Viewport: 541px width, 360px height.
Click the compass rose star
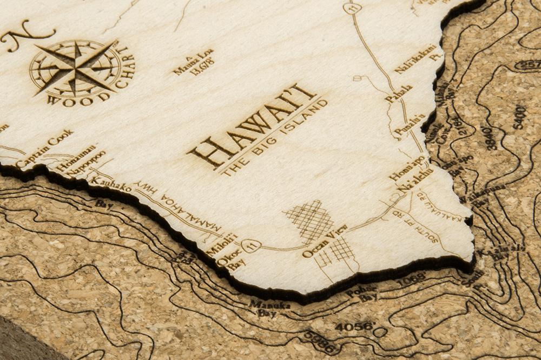76,68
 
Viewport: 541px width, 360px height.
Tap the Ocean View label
324,241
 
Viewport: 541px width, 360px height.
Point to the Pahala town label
399,94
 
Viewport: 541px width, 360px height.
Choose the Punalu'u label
410,125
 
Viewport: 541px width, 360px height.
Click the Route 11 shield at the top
352,8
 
